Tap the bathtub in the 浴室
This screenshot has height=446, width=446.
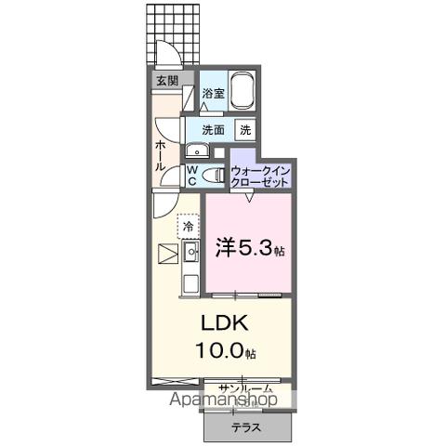[243, 91]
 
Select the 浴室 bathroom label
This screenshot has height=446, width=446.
[214, 93]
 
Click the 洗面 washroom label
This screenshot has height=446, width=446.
[213, 130]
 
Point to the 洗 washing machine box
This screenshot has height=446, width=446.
[245, 130]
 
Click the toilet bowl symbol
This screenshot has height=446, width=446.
[212, 175]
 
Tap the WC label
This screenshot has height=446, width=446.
[190, 176]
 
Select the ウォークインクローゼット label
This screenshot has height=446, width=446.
[261, 176]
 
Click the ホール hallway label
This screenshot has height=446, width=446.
[160, 152]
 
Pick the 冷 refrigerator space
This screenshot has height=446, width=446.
[189, 226]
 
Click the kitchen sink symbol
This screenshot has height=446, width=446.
[192, 251]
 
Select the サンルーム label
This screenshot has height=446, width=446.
[245, 388]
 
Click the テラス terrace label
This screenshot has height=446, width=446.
[246, 427]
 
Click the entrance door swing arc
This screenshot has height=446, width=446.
[166, 56]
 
